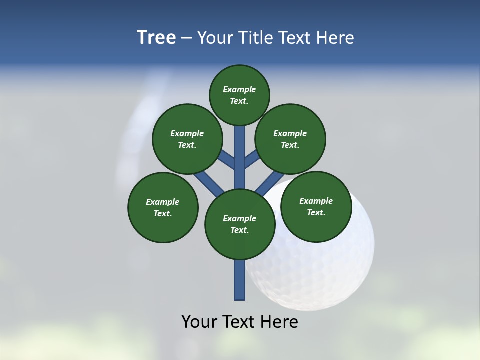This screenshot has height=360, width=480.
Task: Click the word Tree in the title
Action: (156, 38)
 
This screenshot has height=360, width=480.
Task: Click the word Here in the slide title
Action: (335, 38)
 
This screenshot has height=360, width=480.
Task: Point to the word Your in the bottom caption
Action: (199, 322)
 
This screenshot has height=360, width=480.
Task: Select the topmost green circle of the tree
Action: (239, 95)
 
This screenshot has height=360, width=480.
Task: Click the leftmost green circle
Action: (163, 208)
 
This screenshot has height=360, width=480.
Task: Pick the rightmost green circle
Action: (316, 207)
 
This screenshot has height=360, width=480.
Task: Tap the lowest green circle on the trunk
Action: (240, 224)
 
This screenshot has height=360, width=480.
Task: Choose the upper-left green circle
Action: (187, 139)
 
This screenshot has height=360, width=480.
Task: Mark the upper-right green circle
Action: (290, 139)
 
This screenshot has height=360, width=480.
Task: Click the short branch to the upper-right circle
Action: (251, 160)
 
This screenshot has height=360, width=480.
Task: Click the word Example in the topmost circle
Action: (239, 90)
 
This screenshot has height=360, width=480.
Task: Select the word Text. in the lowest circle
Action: (239, 230)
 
